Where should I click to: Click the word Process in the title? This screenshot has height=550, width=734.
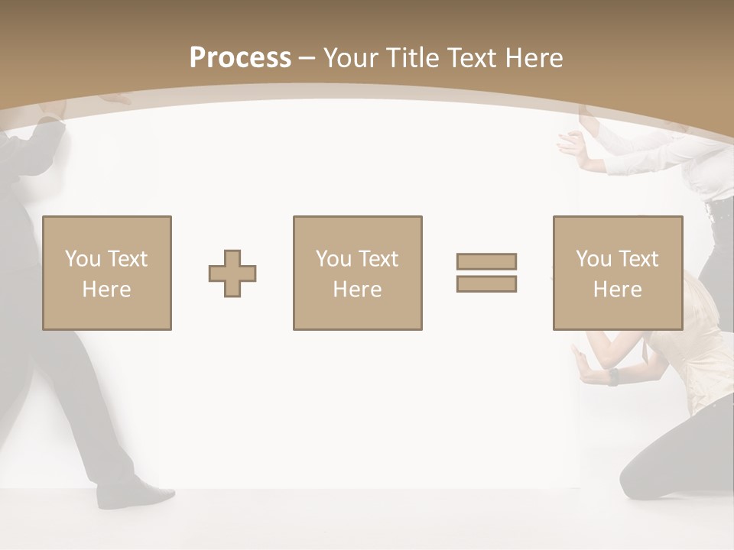pos(240,58)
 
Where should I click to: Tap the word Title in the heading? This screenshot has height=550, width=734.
pos(413,58)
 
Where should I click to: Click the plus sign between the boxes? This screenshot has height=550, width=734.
pos(232,273)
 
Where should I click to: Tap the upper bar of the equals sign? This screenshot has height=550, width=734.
pos(486,261)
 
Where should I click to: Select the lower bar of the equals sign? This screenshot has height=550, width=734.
pos(486,283)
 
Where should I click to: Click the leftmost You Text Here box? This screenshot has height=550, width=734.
pos(107,273)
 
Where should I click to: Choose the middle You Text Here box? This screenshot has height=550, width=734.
pos(357,273)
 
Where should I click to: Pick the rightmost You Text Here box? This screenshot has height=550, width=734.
pos(617,273)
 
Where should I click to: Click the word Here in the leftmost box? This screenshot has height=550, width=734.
pos(106,290)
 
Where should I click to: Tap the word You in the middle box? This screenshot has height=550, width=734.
pos(333,259)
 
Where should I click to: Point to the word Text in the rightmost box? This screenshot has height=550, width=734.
pos(638,259)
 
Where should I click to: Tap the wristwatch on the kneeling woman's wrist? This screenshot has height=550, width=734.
pos(612,377)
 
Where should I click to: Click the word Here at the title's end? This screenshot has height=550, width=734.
pos(533,58)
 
